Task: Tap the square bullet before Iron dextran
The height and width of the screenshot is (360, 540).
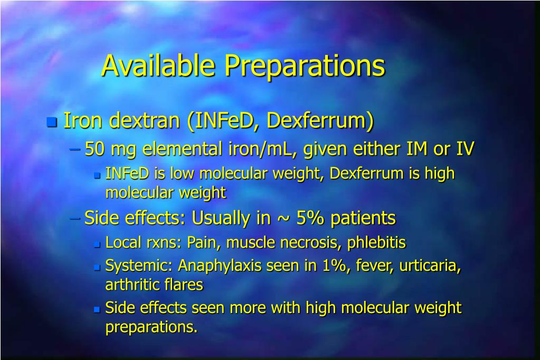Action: click(51, 122)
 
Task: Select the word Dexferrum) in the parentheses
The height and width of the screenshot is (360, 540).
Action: click(320, 121)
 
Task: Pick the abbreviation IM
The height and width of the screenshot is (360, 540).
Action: click(417, 149)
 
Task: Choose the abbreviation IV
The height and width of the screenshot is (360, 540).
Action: click(465, 149)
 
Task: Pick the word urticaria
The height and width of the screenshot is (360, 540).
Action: click(430, 266)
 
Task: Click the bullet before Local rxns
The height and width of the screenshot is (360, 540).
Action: click(97, 244)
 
